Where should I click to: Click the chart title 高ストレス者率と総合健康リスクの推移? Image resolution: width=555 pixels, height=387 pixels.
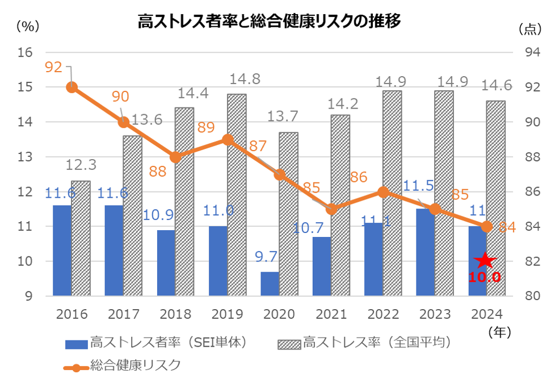(x=270, y=22)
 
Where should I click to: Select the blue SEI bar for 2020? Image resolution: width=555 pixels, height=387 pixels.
(x=270, y=284)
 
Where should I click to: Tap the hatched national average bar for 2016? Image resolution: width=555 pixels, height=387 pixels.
(x=81, y=239)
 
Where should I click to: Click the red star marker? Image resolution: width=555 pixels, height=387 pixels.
(x=486, y=261)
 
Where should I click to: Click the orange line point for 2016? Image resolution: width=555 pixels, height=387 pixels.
(x=72, y=87)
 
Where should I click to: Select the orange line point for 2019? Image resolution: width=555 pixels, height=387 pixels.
(x=228, y=139)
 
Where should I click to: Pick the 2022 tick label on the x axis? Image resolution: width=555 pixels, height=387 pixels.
(x=383, y=314)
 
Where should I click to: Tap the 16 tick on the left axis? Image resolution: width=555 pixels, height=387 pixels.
(x=26, y=52)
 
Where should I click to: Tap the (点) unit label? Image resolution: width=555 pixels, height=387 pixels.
(x=530, y=28)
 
